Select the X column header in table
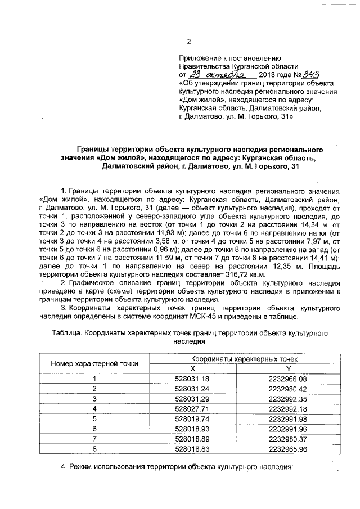192,368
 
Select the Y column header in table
289,368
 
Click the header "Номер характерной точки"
94,363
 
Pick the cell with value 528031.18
192,379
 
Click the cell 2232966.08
289,379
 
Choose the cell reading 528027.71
192,408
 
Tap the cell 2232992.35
289,398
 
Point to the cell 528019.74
192,418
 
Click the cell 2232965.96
289,448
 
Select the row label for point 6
94,429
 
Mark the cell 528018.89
192,438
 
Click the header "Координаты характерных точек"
240,358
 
